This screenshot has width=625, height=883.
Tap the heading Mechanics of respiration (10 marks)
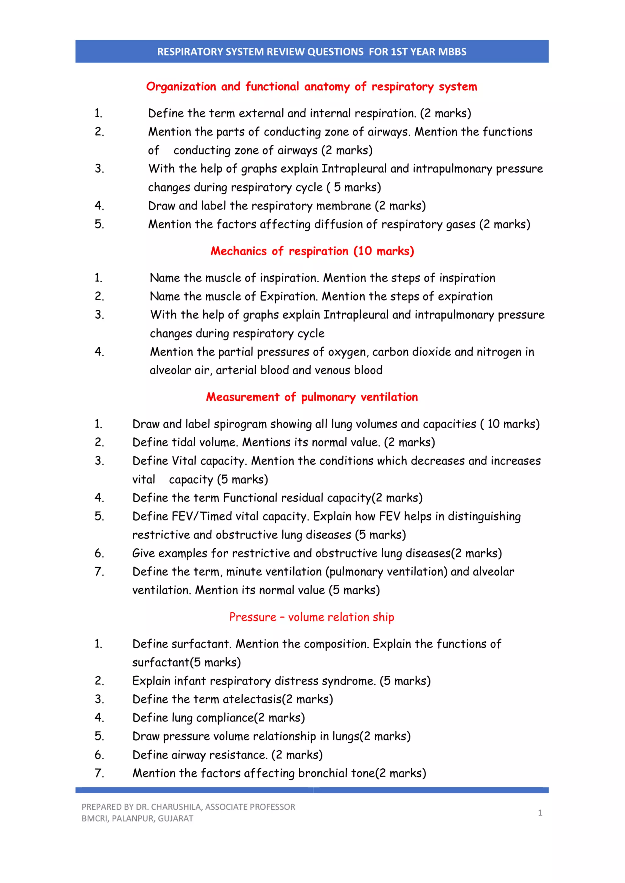pyautogui.click(x=312, y=251)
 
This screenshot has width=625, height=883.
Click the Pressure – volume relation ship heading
pyautogui.click(x=312, y=617)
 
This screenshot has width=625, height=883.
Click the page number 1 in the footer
pyautogui.click(x=540, y=813)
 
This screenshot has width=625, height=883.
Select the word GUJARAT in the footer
pyautogui.click(x=175, y=818)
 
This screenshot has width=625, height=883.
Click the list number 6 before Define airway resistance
pyautogui.click(x=99, y=755)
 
